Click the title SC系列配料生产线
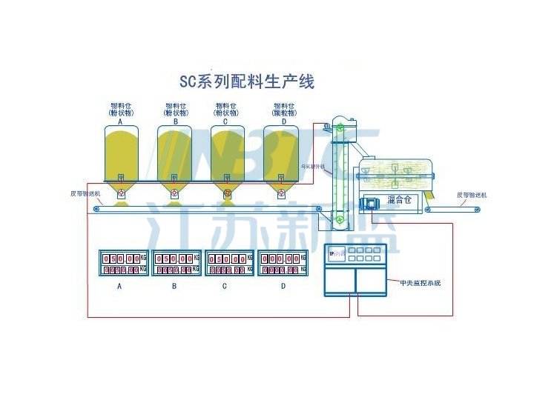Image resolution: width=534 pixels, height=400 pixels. click(247, 80)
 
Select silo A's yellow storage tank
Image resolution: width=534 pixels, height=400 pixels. click(121, 152)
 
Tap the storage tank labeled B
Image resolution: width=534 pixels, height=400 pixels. click(174, 152)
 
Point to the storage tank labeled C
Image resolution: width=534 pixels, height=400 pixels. click(228, 152)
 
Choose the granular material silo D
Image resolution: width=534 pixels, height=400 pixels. click(281, 152)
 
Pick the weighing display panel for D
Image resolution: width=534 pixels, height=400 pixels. click(283, 264)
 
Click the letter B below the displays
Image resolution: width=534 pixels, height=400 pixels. click(174, 285)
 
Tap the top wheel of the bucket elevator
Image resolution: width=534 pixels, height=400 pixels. click(339, 128)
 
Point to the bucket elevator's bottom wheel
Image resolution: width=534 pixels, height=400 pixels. click(339, 218)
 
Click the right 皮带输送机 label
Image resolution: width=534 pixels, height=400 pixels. click(472, 196)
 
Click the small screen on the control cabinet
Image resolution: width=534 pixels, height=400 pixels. click(336, 254)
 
